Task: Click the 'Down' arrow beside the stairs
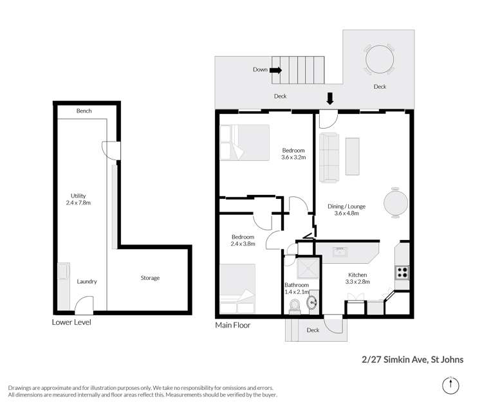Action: point(275,70)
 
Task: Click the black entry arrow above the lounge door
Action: point(330,98)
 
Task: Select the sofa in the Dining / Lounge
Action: point(329,157)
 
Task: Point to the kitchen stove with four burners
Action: point(402,272)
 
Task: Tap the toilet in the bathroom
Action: point(295,305)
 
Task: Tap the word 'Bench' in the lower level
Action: point(84,111)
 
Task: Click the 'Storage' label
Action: point(150,278)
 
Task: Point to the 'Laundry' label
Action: point(87,281)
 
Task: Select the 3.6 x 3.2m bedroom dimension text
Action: point(293,156)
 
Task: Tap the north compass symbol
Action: point(452,385)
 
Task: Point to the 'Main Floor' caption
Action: point(232,326)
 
